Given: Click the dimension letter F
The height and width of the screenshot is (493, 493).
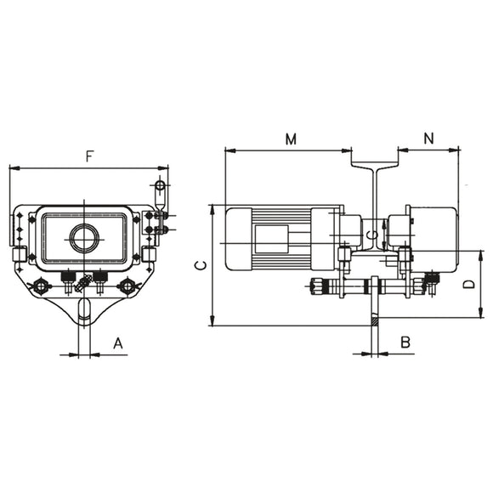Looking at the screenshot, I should [89, 156].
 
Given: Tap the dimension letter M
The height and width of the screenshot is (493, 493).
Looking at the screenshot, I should [291, 139].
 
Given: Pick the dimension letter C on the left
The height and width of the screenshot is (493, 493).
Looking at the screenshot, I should [198, 265].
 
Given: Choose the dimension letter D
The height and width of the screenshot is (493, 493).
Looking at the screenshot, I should [467, 284].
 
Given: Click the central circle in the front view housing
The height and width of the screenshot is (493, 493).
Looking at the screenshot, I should [84, 238].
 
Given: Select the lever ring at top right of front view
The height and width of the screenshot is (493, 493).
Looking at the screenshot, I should [160, 185].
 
